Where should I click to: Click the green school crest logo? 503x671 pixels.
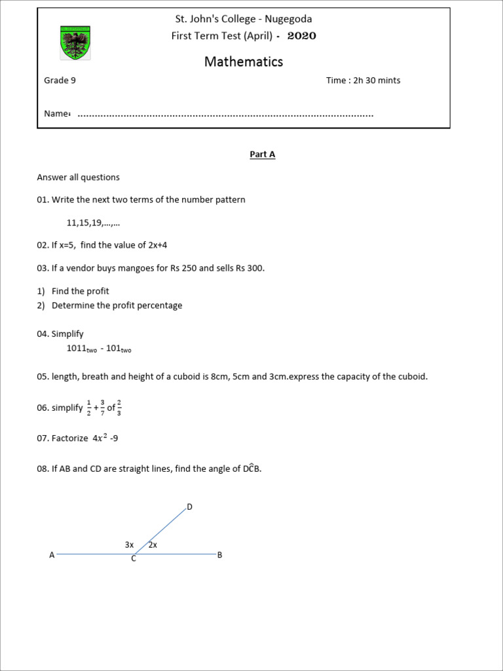pos(74,43)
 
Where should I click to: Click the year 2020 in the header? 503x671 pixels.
pos(301,36)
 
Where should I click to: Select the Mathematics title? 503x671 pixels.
pos(244,62)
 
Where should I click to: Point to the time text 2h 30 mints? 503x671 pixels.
pos(377,81)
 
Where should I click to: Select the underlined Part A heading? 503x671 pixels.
pos(262,155)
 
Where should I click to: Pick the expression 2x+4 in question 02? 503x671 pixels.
pos(162,245)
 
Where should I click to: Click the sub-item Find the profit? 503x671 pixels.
pos(81,291)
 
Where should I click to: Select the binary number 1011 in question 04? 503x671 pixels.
pos(77,349)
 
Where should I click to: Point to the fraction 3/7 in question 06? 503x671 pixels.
pos(103,408)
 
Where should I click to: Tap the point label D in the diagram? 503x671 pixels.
pos(190,507)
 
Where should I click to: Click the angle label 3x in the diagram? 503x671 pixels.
pos(129,545)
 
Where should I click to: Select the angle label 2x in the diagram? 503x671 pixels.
pos(153,545)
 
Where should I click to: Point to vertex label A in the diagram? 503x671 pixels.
pos(52,555)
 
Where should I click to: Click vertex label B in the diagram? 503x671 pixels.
pos(219,555)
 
